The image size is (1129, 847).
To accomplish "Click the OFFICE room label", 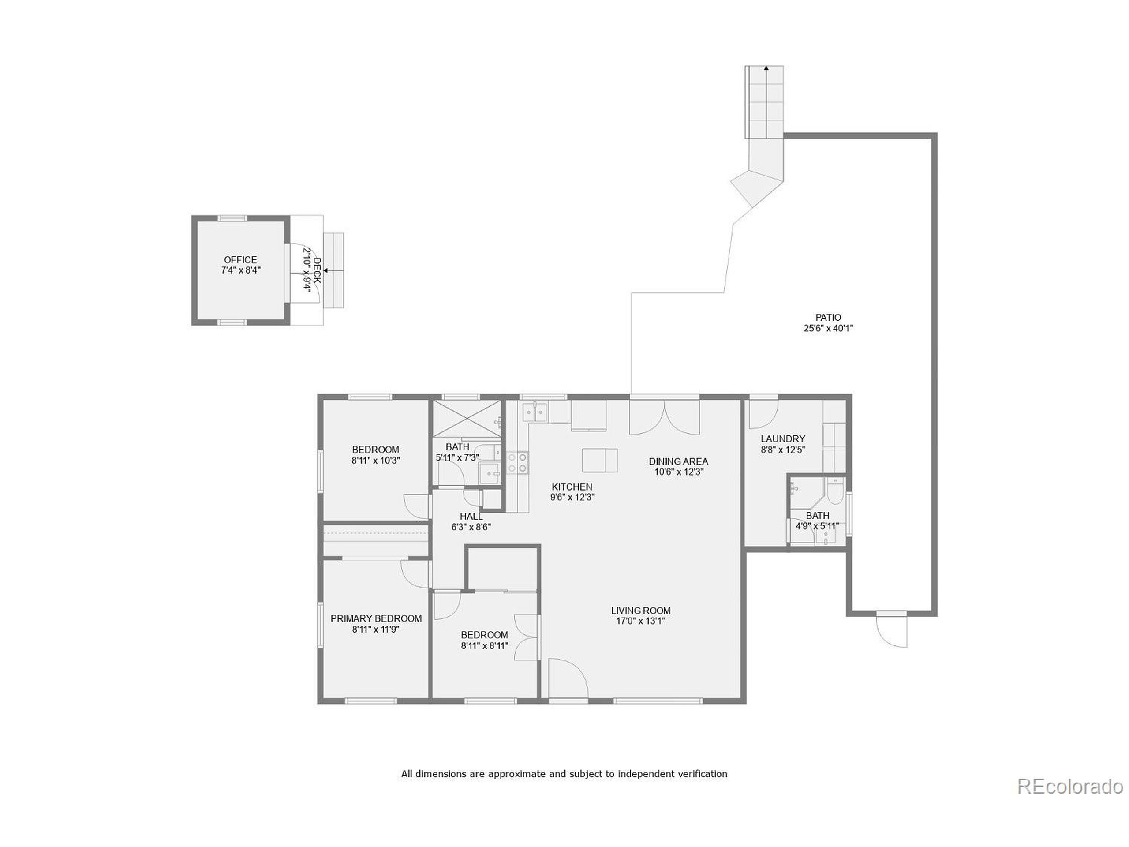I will point(240,260).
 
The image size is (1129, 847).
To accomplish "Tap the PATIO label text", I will point(828,318).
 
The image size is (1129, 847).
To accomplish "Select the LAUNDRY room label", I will point(782,438).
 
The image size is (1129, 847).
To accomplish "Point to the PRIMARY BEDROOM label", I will point(376,619).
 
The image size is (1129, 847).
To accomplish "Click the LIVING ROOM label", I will point(640,611).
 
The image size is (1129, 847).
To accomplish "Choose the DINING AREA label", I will point(678,461).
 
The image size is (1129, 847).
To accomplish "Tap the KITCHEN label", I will point(572,487).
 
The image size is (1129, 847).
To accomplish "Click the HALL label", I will point(471,516).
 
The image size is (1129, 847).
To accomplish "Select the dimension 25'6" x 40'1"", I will point(828,329).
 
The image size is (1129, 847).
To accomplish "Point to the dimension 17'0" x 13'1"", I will point(640,621).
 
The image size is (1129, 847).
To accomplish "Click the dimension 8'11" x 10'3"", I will point(375,461).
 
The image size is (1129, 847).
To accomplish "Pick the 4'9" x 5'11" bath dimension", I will point(817,526).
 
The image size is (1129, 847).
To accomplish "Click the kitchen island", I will point(600,461).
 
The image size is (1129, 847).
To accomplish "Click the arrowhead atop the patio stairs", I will point(766,67).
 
